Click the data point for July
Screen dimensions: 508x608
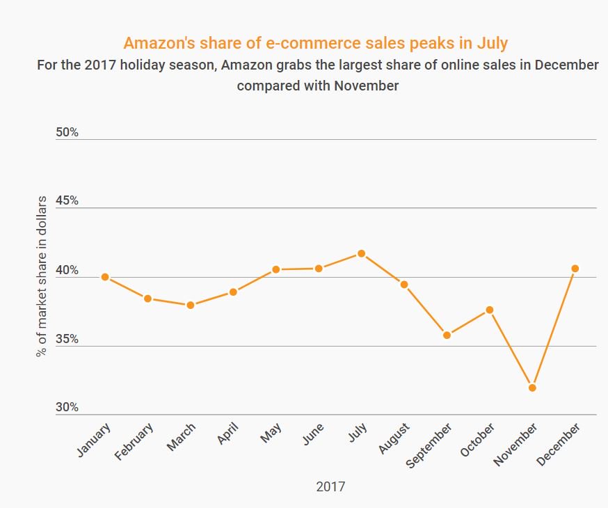361,253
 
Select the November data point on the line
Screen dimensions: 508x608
532,388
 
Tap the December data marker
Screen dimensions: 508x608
575,269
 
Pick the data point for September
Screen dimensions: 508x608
447,335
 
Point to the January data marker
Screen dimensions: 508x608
105,277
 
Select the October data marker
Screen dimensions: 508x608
490,310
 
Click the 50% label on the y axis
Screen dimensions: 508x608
67,133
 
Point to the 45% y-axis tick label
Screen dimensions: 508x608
67,201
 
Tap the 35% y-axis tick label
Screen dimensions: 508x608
67,340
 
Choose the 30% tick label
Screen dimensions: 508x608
67,408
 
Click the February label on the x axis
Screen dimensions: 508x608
134,440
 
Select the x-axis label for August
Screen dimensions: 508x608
394,438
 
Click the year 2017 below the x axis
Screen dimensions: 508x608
330,486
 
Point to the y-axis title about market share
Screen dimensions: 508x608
41,277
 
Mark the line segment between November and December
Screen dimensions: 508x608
554,328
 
